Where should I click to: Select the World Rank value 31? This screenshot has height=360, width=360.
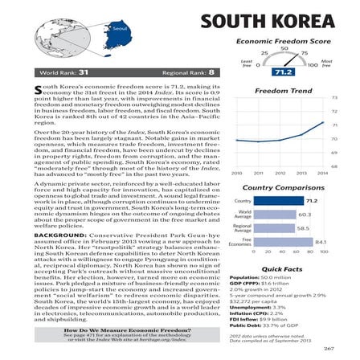[x=83, y=73]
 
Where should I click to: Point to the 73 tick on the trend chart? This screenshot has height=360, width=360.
[x=334, y=98]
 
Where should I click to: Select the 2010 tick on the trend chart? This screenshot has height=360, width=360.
[x=235, y=172]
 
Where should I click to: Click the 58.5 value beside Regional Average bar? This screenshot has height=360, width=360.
[x=302, y=228]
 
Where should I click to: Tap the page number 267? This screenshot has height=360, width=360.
[x=329, y=348]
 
